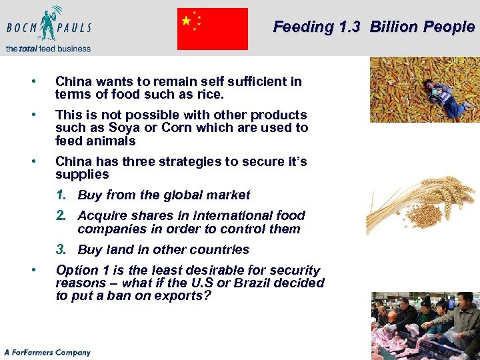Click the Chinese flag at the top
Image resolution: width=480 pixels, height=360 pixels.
pyautogui.click(x=212, y=29)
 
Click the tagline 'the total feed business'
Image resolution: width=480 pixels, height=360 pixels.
pyautogui.click(x=48, y=48)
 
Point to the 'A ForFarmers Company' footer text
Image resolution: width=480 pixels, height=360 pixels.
pyautogui.click(x=47, y=352)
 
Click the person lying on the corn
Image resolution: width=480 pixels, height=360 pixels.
pyautogui.click(x=441, y=93)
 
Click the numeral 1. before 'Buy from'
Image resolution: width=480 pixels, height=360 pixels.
pyautogui.click(x=61, y=195)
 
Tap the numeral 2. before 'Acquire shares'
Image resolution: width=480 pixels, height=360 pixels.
pyautogui.click(x=61, y=215)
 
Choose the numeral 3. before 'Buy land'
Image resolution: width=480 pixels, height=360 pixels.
pyautogui.click(x=61, y=249)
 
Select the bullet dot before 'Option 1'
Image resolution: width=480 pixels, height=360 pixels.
pyautogui.click(x=33, y=270)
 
